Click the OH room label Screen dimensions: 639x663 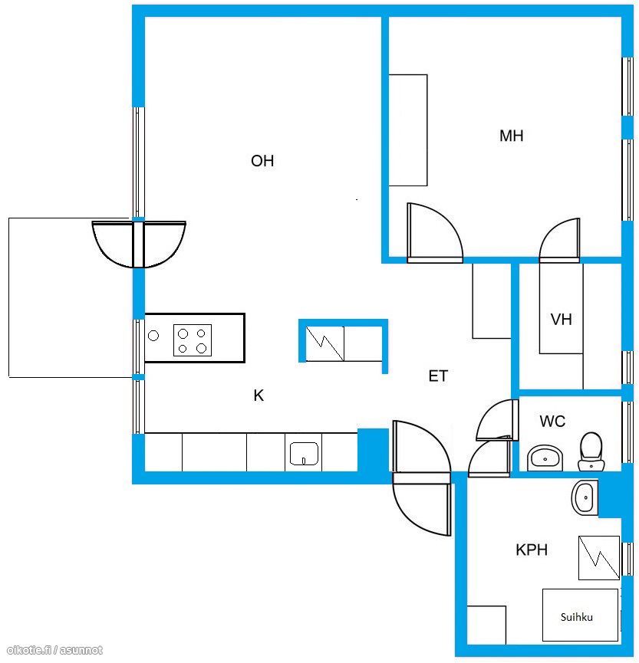(x=262, y=161)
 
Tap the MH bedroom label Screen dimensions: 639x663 (x=511, y=136)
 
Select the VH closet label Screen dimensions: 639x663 (x=561, y=320)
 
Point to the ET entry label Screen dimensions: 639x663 (x=438, y=376)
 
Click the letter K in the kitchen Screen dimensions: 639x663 (x=259, y=396)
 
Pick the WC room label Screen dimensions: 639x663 (x=552, y=421)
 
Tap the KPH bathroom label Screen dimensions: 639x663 (x=532, y=550)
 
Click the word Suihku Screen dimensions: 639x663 (x=576, y=617)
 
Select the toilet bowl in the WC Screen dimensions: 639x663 (x=591, y=451)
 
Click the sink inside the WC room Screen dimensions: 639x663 (x=545, y=458)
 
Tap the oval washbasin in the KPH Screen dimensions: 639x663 (x=585, y=497)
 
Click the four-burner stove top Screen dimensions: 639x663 (x=193, y=340)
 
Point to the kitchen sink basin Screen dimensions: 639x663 (x=304, y=454)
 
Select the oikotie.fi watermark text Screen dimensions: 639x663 (x=55, y=650)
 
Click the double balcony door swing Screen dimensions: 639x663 (x=139, y=244)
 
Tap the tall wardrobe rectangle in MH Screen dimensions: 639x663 (x=408, y=130)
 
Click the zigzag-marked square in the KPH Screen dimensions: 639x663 (x=599, y=558)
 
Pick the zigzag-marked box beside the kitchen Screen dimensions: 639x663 (x=324, y=343)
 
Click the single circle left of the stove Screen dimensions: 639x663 (x=153, y=336)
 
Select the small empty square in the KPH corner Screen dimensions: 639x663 (x=486, y=625)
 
